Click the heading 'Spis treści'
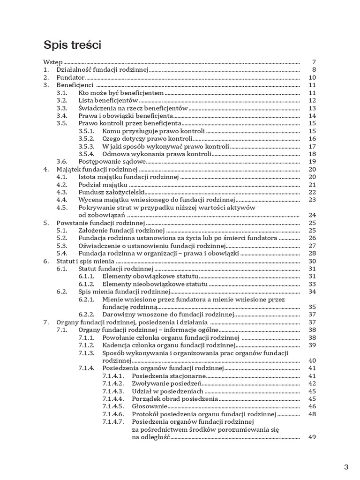[73, 45]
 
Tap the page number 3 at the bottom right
[346, 467]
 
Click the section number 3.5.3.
[86, 147]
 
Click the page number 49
[313, 437]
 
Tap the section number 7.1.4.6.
[112, 414]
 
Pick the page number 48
[313, 414]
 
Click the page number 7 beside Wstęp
[314, 62]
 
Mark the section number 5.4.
[62, 254]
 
